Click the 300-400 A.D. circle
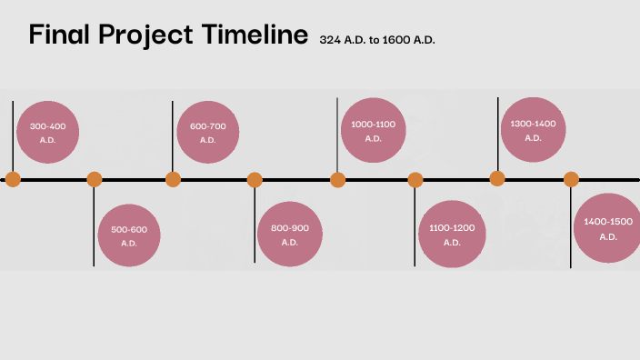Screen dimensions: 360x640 (x=48, y=132)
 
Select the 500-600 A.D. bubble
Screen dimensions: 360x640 (x=129, y=235)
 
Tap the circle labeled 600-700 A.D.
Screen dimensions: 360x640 (x=207, y=132)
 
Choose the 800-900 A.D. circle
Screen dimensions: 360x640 (x=290, y=235)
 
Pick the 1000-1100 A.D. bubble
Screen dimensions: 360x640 (x=373, y=129)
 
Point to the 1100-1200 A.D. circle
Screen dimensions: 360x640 (x=452, y=235)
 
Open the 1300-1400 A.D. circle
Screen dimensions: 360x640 (x=533, y=129)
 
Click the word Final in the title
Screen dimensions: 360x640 (x=61, y=35)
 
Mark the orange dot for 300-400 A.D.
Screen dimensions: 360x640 (x=12, y=179)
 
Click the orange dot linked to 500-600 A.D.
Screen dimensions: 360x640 (x=95, y=179)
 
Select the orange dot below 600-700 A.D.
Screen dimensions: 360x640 (x=173, y=179)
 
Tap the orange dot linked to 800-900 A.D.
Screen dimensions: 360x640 (x=255, y=179)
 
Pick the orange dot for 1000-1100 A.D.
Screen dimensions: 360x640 (x=338, y=179)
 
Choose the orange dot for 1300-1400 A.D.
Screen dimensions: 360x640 (x=497, y=178)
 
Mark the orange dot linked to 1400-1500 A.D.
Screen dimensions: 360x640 (x=571, y=179)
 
